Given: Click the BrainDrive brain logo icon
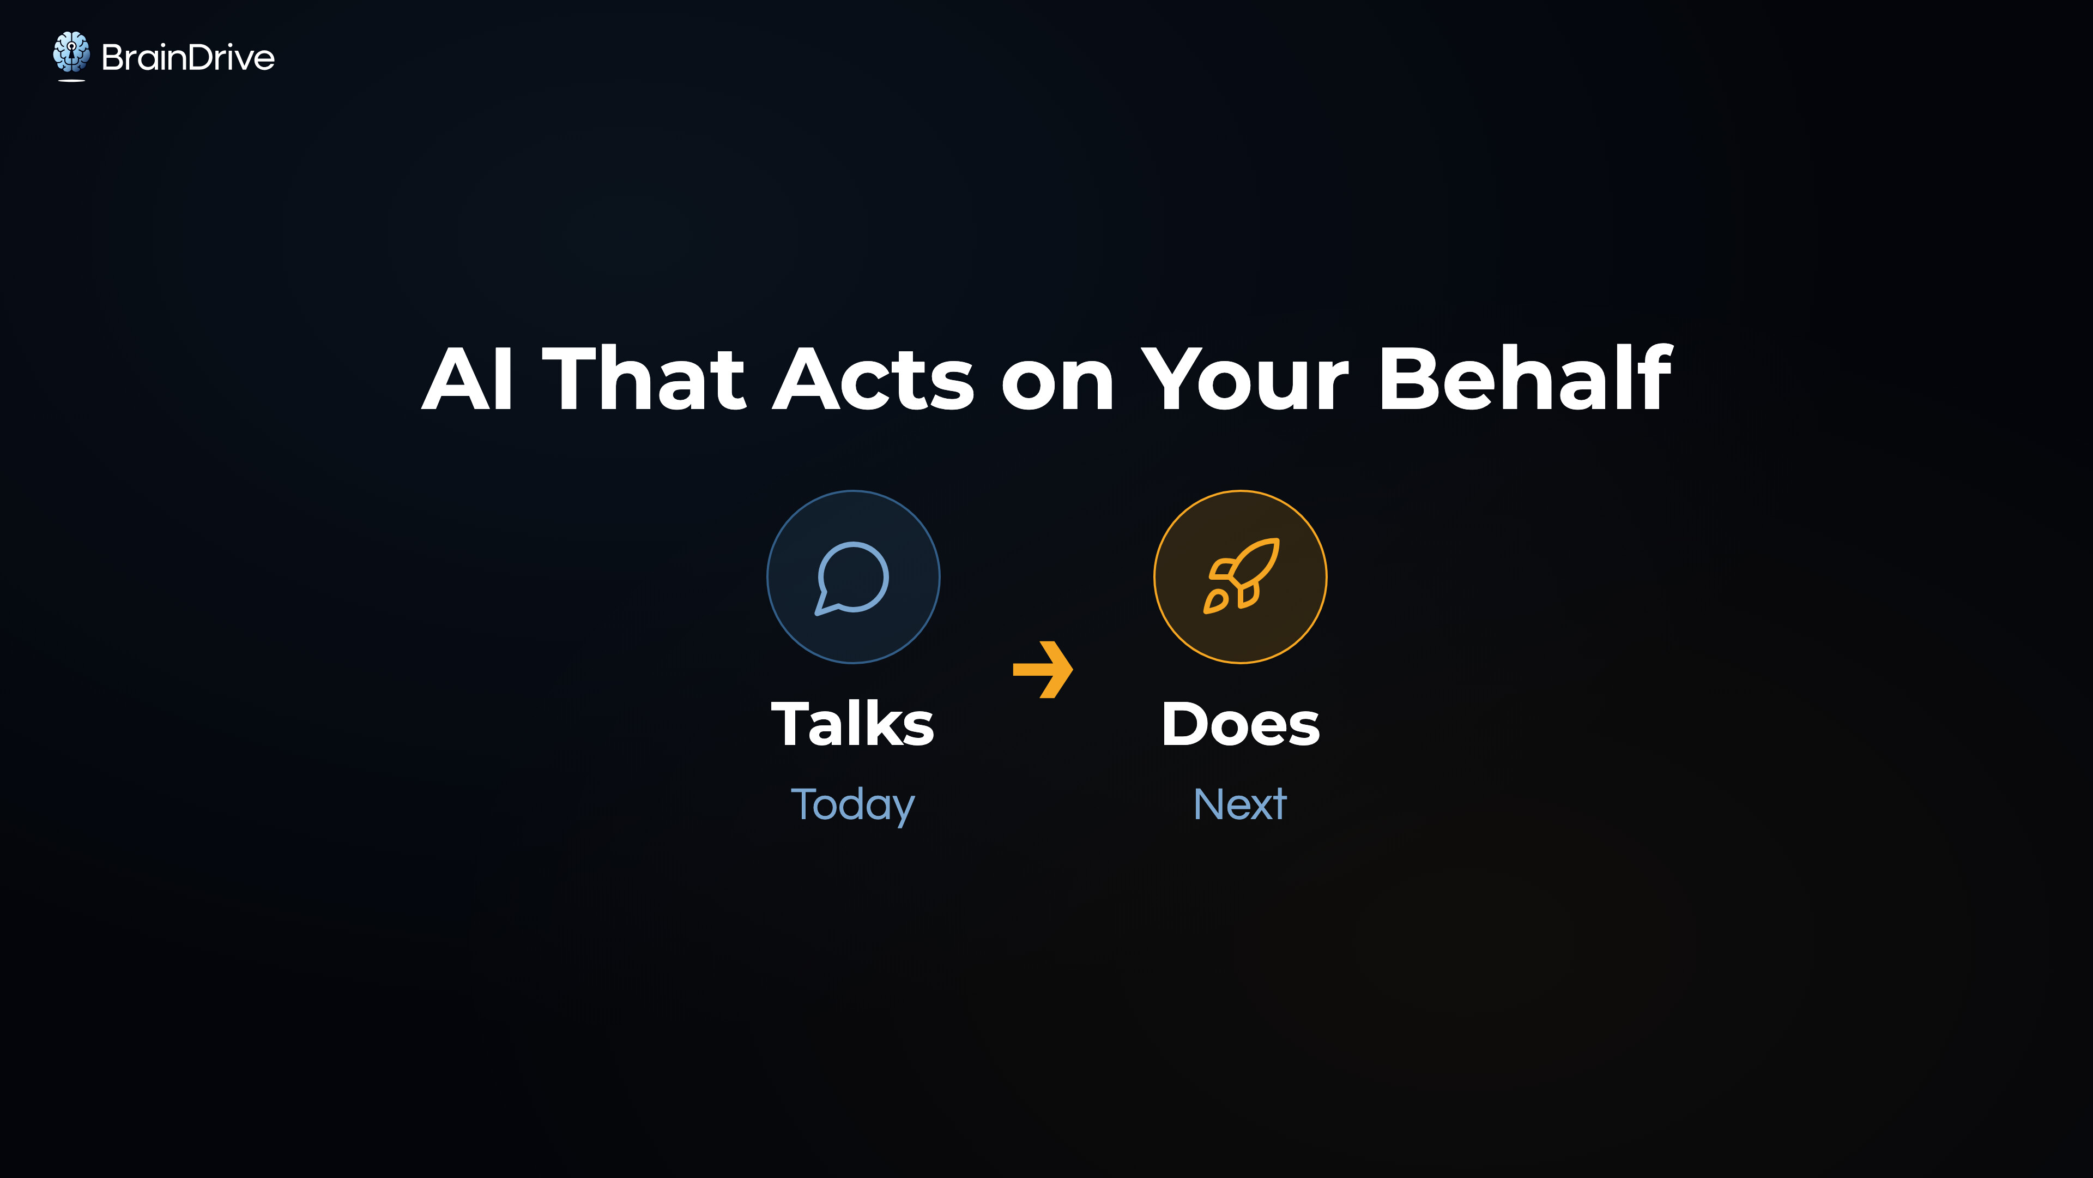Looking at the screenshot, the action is click(x=71, y=55).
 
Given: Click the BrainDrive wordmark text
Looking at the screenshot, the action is click(x=187, y=58).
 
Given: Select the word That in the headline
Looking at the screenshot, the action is click(x=644, y=377).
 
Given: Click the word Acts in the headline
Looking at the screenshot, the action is click(x=873, y=379).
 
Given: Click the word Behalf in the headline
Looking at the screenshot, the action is click(x=1525, y=377).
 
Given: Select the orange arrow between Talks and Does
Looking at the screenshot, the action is click(x=1043, y=669).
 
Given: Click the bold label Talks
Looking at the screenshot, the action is click(x=852, y=724).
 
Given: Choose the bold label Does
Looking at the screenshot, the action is click(x=1241, y=724).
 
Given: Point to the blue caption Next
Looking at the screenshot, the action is click(x=1240, y=805).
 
